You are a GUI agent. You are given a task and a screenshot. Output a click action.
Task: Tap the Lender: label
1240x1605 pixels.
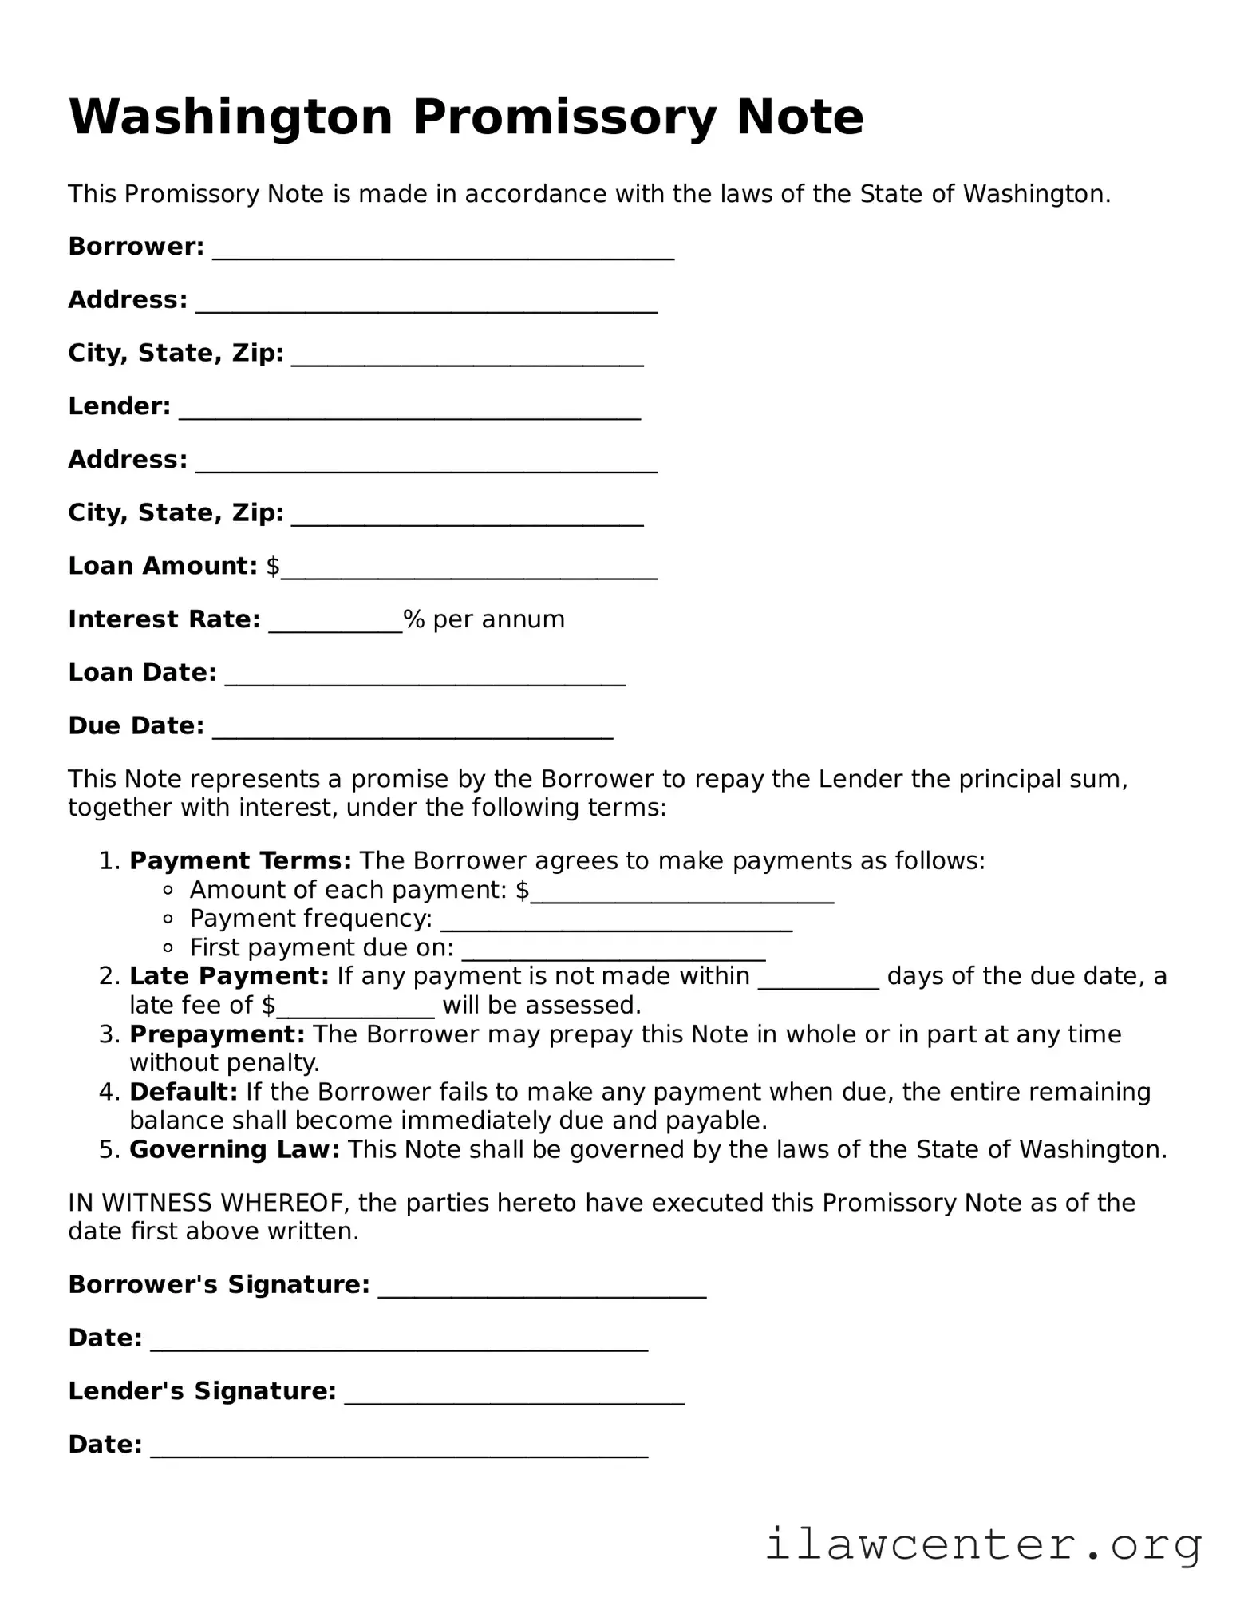(x=120, y=406)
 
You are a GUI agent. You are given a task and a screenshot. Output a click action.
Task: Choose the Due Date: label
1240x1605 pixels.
(x=136, y=725)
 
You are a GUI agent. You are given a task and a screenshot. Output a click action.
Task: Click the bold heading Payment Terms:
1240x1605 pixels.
(x=240, y=860)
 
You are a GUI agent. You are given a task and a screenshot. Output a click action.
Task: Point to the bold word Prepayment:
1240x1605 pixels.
(x=217, y=1034)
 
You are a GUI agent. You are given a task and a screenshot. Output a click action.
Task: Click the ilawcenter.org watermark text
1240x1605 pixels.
(x=983, y=1544)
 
